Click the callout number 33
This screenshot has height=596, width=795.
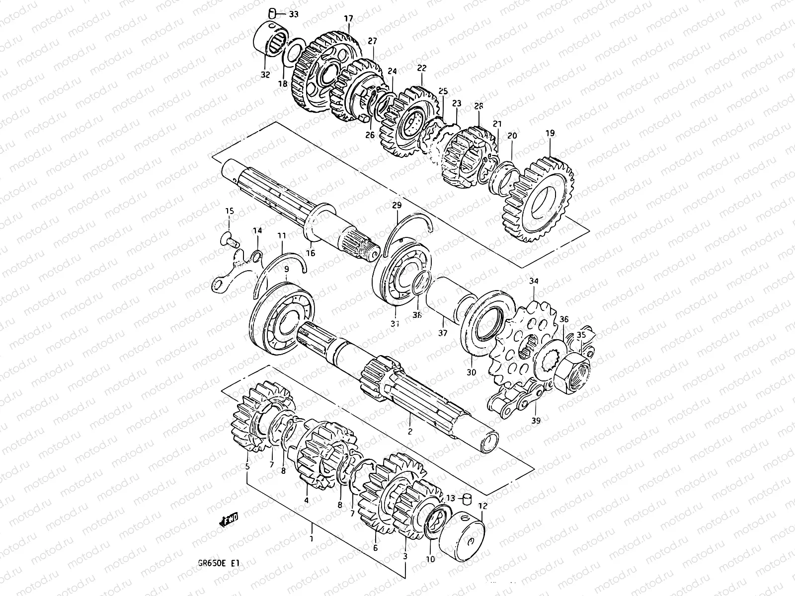294,14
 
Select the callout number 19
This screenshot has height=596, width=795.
550,134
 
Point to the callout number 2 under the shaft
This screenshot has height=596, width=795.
410,432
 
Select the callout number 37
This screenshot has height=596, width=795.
442,333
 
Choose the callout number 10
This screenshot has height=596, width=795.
430,559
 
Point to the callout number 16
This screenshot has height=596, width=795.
311,253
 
